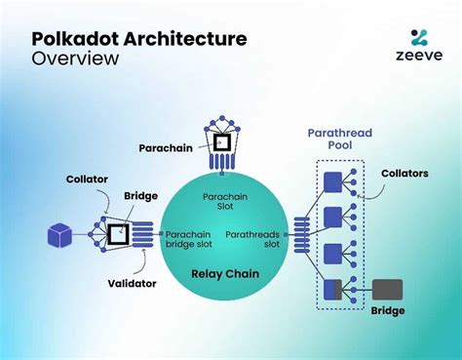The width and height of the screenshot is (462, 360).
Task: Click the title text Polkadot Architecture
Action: [138, 38]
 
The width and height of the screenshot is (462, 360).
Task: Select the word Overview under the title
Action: [75, 59]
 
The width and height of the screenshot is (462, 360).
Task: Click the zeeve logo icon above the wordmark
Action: [418, 38]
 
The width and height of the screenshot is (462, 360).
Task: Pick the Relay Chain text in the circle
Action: [226, 274]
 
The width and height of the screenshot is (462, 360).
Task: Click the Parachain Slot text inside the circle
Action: [225, 201]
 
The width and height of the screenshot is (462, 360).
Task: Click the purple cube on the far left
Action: [60, 236]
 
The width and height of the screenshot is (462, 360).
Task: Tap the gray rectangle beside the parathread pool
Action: [387, 290]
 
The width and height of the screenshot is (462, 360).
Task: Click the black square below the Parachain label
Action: [221, 141]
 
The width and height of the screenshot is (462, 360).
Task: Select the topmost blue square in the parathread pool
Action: [331, 180]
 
